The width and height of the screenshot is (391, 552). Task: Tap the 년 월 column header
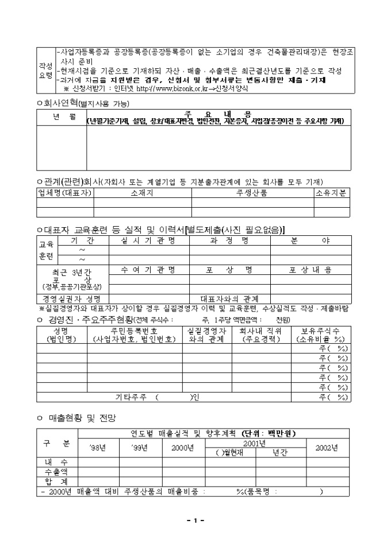[61, 116]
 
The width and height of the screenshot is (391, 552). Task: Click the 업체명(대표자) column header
[64, 193]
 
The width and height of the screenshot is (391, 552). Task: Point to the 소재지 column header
[142, 193]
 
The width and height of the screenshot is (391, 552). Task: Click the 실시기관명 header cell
[148, 240]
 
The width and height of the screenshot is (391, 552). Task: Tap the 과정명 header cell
[229, 240]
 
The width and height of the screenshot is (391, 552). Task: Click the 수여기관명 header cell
[148, 269]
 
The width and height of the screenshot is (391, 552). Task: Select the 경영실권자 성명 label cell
[72, 299]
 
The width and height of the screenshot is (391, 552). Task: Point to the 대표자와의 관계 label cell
[229, 299]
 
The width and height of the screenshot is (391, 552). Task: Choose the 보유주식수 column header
[320, 335]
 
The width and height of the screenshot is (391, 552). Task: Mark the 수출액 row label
[57, 472]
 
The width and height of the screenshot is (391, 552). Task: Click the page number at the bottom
[195, 520]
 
